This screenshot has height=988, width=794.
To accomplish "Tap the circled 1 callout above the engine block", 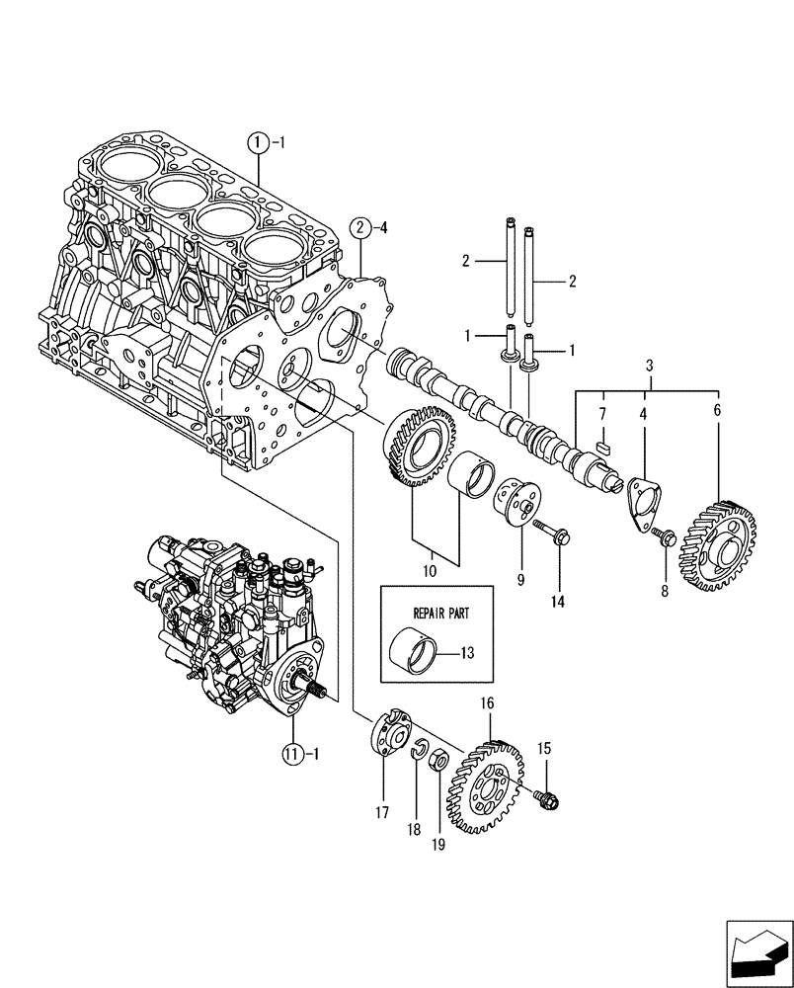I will [x=258, y=143].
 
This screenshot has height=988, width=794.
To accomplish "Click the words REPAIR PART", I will [x=430, y=613].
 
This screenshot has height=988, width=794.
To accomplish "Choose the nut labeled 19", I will [x=441, y=763].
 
